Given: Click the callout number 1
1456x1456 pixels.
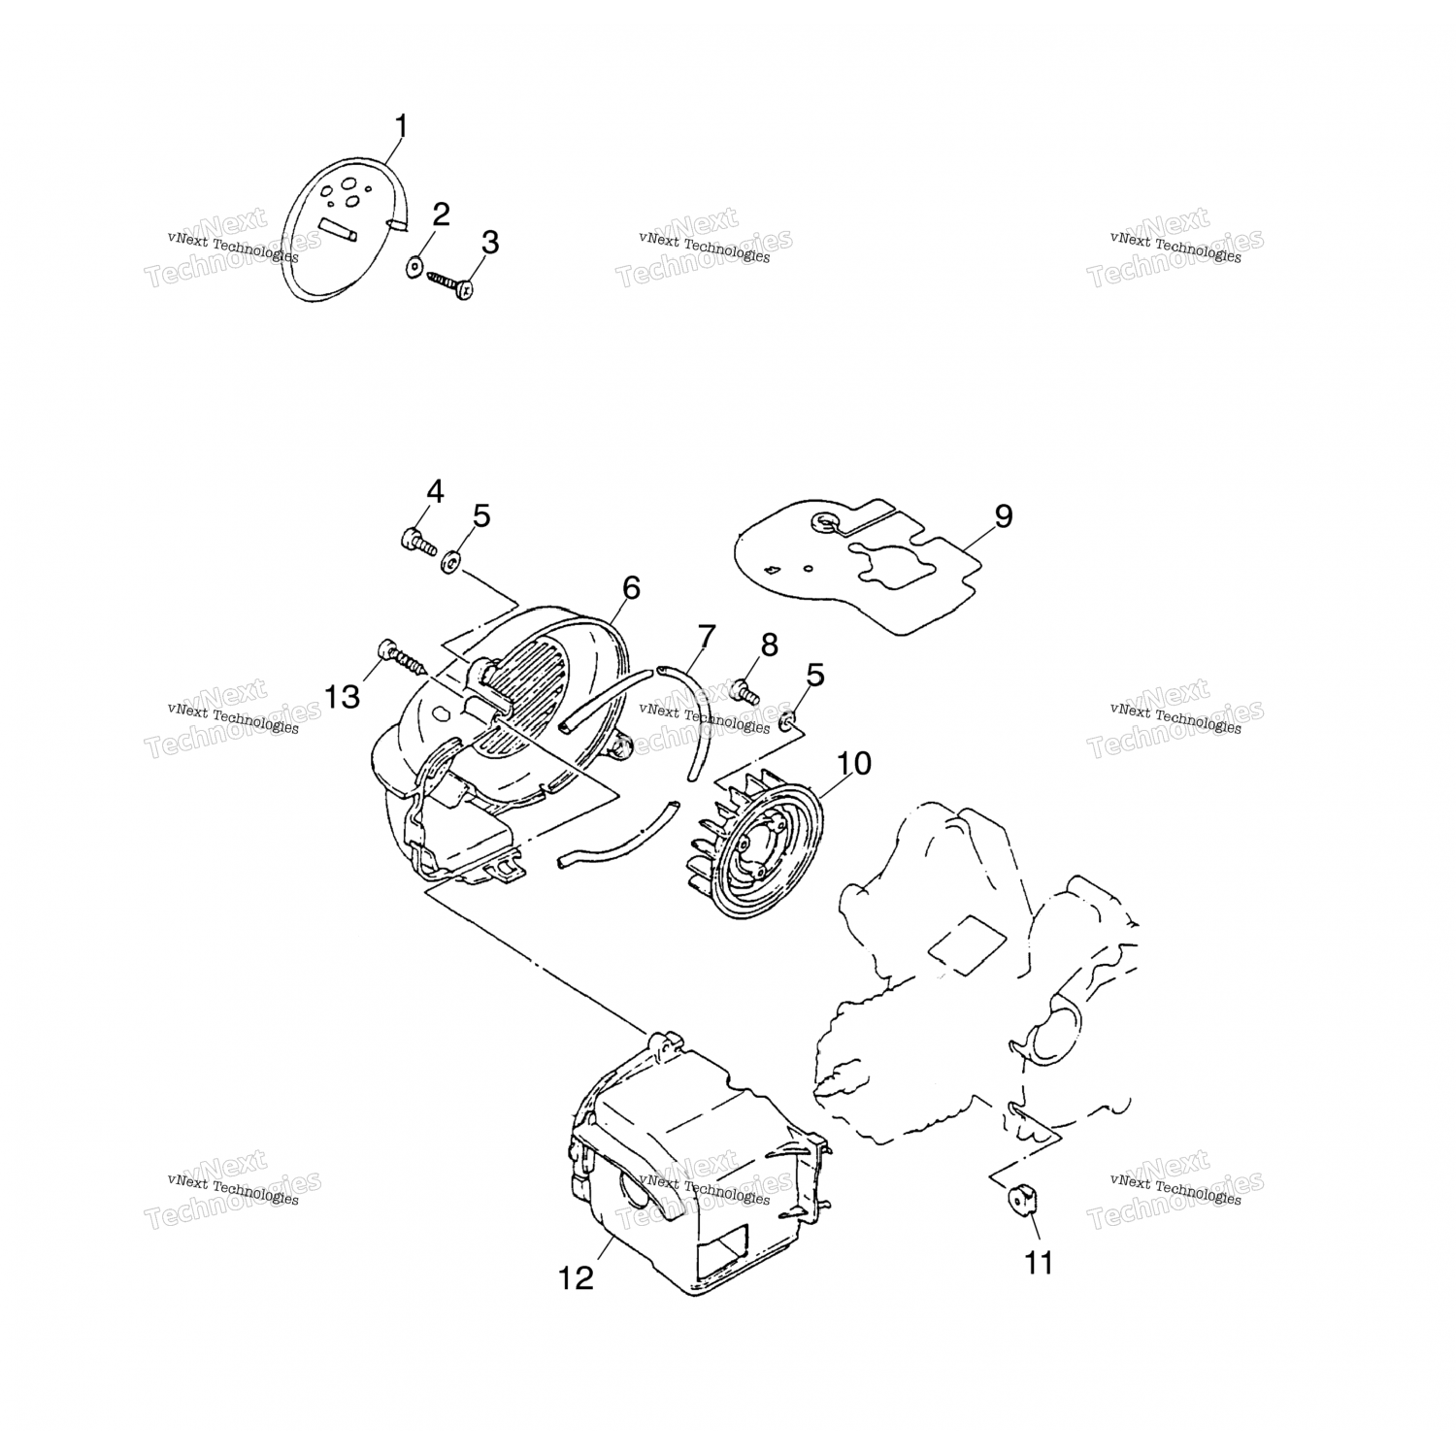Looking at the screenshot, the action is (x=401, y=127).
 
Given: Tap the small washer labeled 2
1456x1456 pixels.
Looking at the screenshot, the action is (x=414, y=265).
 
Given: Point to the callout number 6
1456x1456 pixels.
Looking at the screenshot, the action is (x=631, y=587).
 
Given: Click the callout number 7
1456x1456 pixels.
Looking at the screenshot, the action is (x=706, y=637).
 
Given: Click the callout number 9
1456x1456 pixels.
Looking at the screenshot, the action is (x=1003, y=515).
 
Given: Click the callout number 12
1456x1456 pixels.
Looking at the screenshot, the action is (x=576, y=1278).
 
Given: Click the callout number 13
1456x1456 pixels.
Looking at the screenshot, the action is (x=343, y=696).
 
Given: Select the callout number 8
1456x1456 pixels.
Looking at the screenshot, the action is (x=769, y=644).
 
